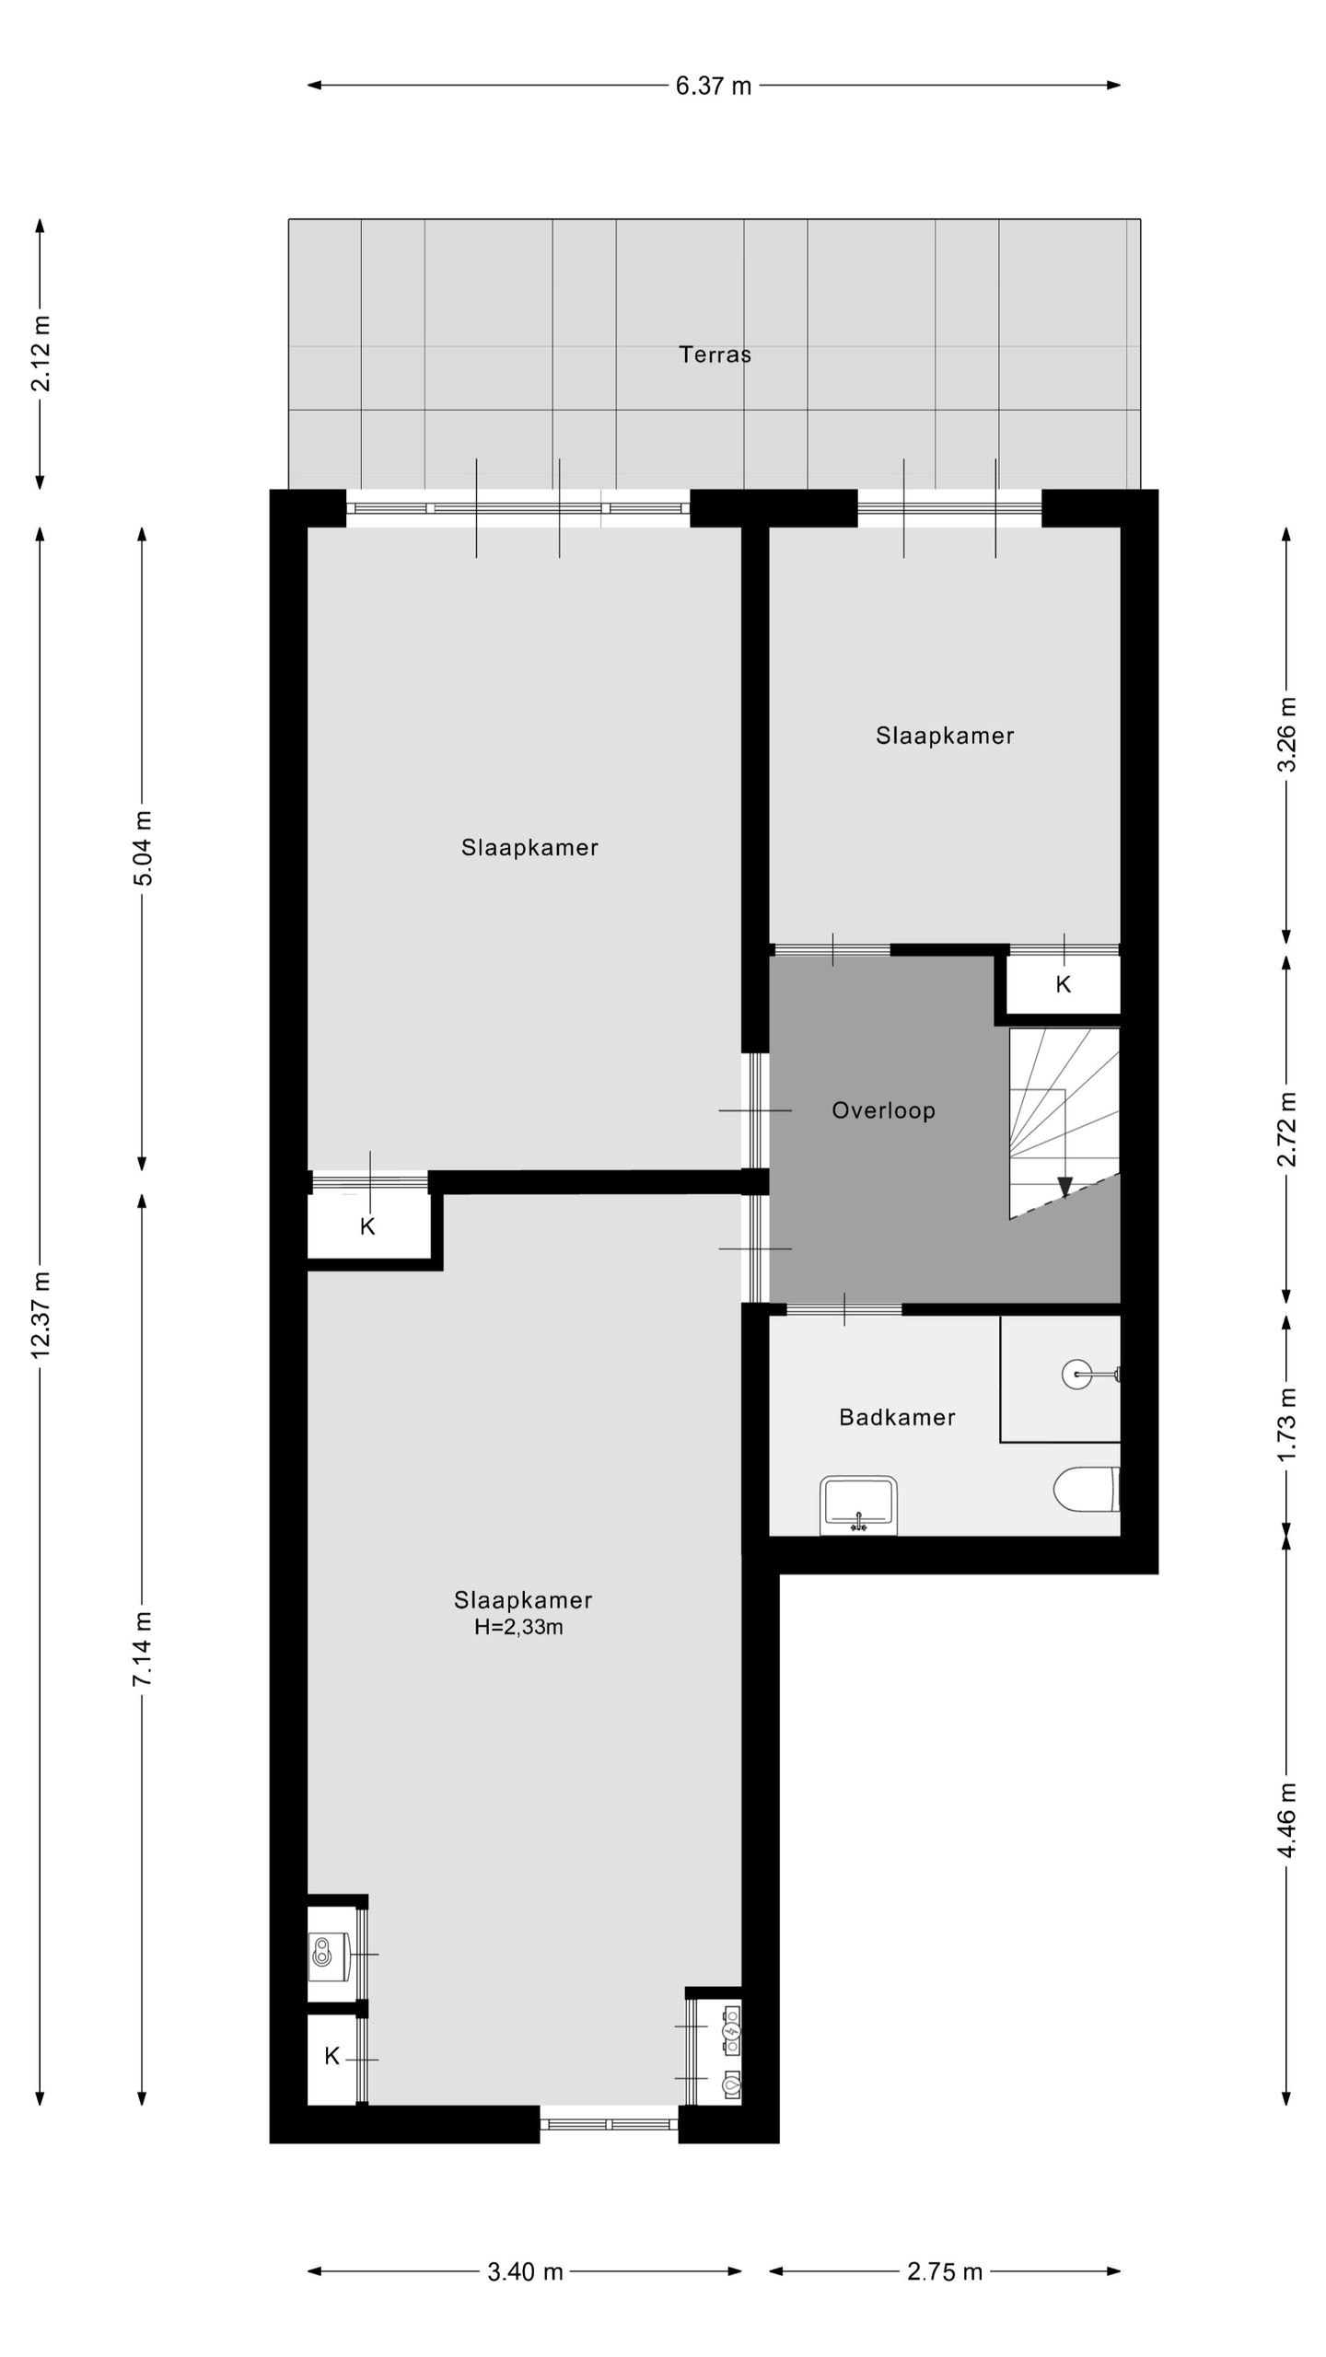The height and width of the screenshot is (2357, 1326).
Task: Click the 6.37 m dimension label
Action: pos(714,86)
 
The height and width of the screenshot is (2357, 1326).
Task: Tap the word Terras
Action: pos(715,354)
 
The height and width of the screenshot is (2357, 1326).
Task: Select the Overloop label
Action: pos(883,1110)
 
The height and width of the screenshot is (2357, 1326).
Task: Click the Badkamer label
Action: pos(896,1417)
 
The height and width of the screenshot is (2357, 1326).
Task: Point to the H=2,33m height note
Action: pos(518,1627)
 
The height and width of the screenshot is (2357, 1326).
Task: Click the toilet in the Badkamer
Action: pos(1086,1489)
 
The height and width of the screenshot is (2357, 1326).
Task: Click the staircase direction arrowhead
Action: pos(1065,1187)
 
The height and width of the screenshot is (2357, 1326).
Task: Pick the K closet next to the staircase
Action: pos(1063,985)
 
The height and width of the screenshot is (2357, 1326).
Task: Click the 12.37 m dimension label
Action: pos(41,1314)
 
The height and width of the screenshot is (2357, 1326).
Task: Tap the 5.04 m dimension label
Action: pos(143,848)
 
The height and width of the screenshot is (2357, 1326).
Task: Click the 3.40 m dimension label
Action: pos(525,2271)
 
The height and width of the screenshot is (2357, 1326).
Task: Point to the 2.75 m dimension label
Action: pos(945,2271)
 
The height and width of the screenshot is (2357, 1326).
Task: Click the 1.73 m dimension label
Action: pos(1287,1423)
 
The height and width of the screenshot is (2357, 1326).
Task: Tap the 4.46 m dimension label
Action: pos(1287,1819)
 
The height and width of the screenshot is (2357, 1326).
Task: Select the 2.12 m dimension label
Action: pos(41,354)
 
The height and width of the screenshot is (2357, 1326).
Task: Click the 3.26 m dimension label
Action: pos(1287,735)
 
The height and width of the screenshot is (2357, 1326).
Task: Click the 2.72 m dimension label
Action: pos(1287,1129)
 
